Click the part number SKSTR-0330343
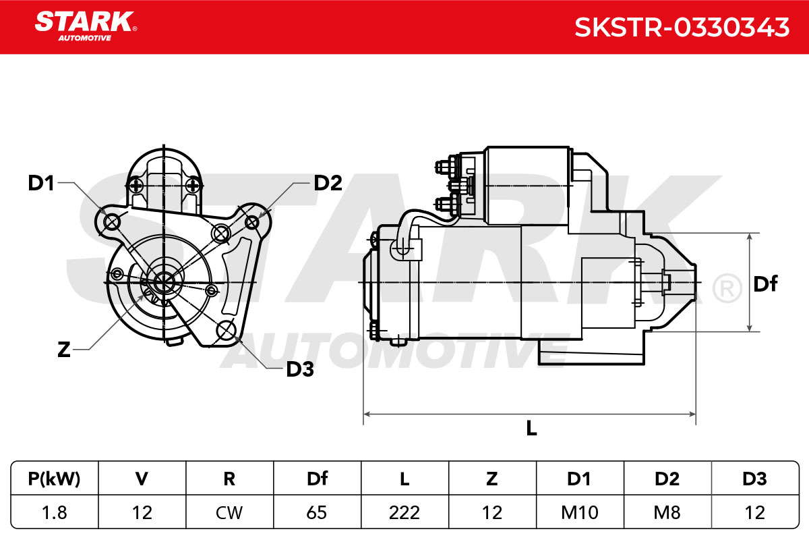[x=682, y=28]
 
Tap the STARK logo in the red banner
[x=86, y=26]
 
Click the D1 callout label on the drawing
[x=41, y=183]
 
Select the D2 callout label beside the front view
[x=328, y=183]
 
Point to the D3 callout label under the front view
[x=300, y=369]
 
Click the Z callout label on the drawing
[x=63, y=350]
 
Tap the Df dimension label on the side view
[x=765, y=284]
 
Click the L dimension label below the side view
[x=531, y=428]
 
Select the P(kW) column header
[x=54, y=479]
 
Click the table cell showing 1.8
[x=54, y=513]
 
